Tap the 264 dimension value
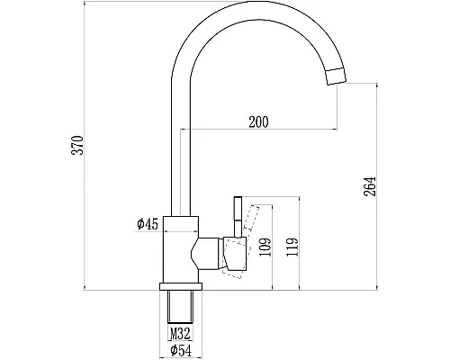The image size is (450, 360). [370, 186]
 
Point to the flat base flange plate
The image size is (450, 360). [180, 286]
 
